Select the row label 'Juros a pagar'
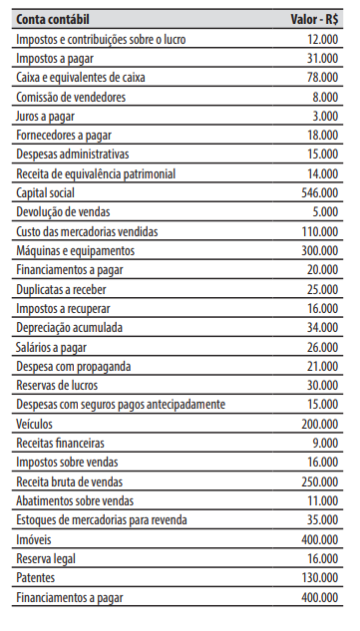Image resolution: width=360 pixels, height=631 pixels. [48, 117]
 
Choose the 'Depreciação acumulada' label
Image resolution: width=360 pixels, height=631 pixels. [71, 328]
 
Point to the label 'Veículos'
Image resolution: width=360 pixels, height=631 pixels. [36, 424]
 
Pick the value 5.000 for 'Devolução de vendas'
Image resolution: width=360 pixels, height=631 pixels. [325, 212]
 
